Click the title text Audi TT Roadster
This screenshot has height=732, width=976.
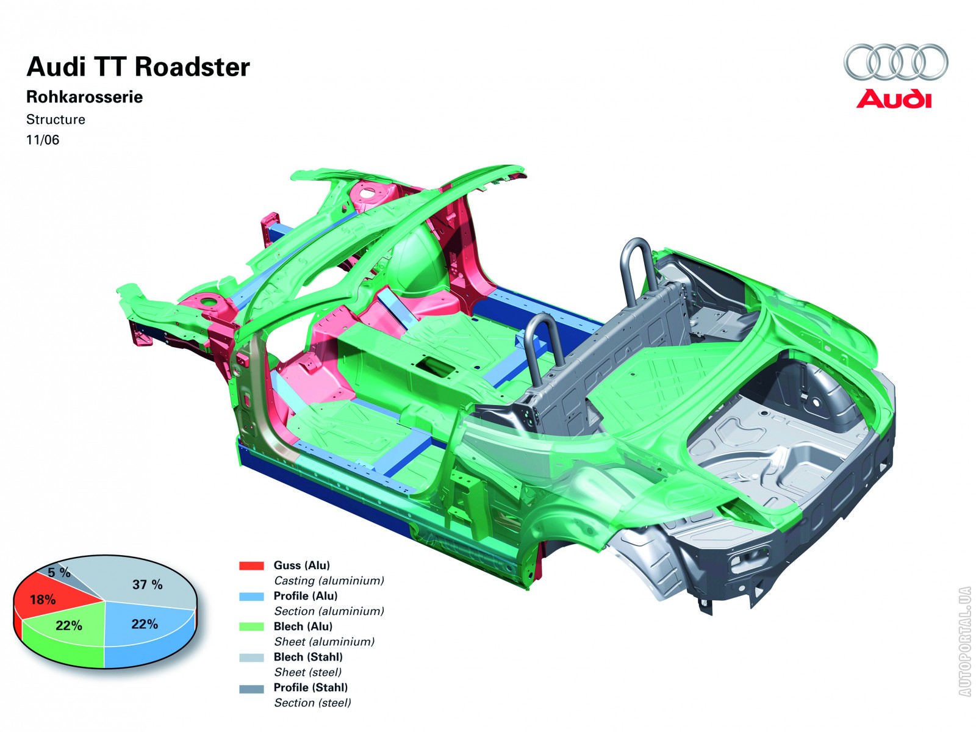pos(138,67)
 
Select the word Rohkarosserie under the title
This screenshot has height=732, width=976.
pos(84,97)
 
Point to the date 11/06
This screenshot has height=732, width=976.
pos(43,140)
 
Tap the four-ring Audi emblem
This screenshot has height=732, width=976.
pos(896,62)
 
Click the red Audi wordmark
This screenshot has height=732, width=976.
pos(894,99)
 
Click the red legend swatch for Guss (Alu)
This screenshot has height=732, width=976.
pos(251,566)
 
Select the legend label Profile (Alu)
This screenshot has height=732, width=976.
pos(305,596)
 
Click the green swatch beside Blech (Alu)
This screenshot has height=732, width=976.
pos(251,626)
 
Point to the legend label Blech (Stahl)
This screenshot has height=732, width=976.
pos(308,657)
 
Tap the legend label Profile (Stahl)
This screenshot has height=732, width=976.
pos(310,687)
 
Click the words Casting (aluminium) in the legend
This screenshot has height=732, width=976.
pos(329,581)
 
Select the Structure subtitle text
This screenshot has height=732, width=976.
pos(56,120)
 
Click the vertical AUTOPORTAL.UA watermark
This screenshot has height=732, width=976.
pos(964,641)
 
